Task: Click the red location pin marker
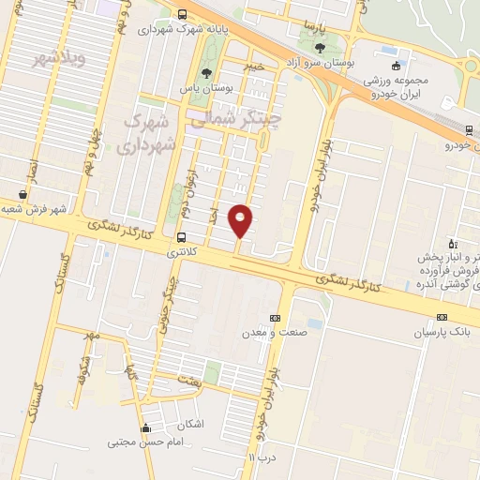pyautogui.click(x=241, y=219)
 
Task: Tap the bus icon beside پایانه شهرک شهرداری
pyautogui.click(x=181, y=14)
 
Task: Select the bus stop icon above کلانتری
pyautogui.click(x=180, y=237)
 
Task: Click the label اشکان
pyautogui.click(x=189, y=424)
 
